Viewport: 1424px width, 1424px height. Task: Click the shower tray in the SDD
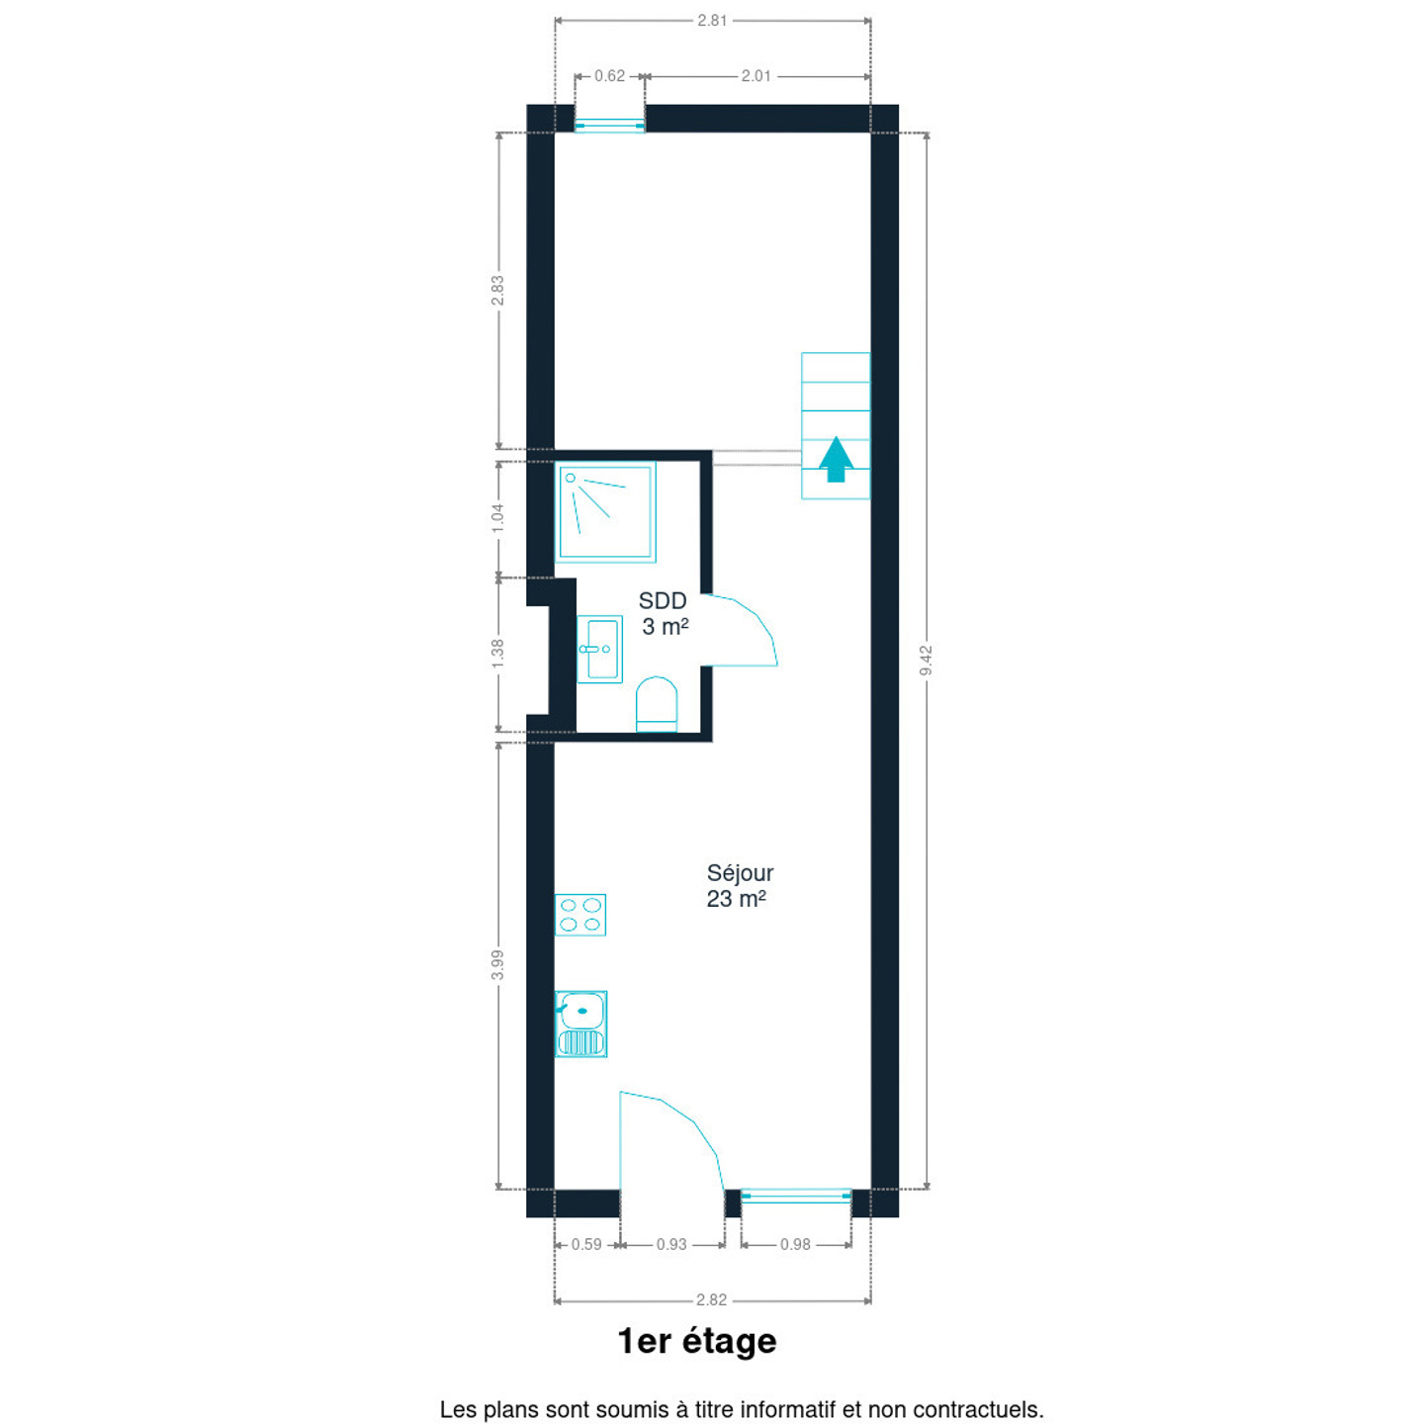[x=605, y=512]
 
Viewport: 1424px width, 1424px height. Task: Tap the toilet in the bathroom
[x=657, y=704]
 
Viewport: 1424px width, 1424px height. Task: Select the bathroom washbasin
[x=599, y=650]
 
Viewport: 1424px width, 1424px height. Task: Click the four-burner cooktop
[x=580, y=915]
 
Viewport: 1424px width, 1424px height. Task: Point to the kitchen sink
[x=580, y=1024]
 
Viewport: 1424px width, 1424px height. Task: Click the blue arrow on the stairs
[x=836, y=459]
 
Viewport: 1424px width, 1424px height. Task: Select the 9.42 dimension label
[x=926, y=661]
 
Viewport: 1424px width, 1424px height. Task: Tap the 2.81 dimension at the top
[x=712, y=21]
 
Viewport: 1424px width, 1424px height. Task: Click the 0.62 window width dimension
[x=610, y=76]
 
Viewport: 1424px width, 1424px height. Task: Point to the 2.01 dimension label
[x=756, y=76]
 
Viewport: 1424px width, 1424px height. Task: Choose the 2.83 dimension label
[x=497, y=291]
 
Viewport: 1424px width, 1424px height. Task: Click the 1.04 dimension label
[x=497, y=518]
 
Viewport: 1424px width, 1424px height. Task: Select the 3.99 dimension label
[x=497, y=965]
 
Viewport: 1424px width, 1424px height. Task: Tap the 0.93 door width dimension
[x=671, y=1244]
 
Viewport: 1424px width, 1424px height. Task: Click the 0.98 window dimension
[x=796, y=1244]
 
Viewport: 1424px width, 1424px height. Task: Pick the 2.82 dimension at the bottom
[x=712, y=1299]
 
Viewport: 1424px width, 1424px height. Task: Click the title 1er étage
[x=697, y=1342]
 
